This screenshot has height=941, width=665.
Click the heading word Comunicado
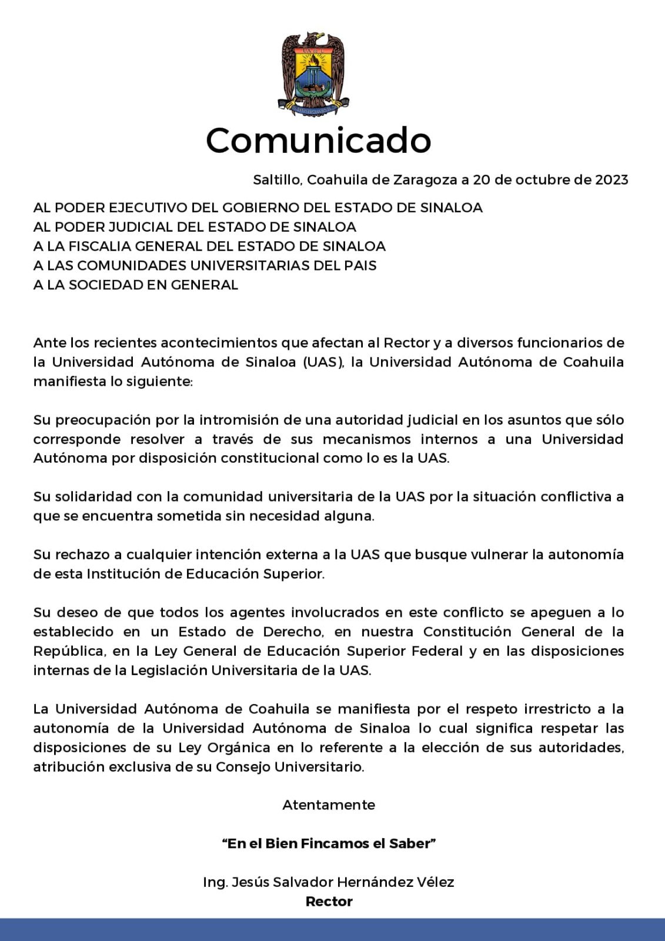pos(319,141)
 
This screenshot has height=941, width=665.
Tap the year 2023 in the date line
pos(611,179)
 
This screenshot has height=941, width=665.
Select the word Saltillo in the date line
pos(276,179)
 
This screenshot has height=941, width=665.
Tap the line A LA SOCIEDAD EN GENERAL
pos(136,285)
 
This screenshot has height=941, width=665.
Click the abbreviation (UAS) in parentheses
pos(323,362)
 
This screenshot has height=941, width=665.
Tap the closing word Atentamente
pos(329,805)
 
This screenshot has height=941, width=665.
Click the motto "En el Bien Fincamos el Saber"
pos(329,843)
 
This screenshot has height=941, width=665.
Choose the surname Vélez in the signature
pos(435,882)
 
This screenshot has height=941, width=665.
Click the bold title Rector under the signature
pos(329,902)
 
